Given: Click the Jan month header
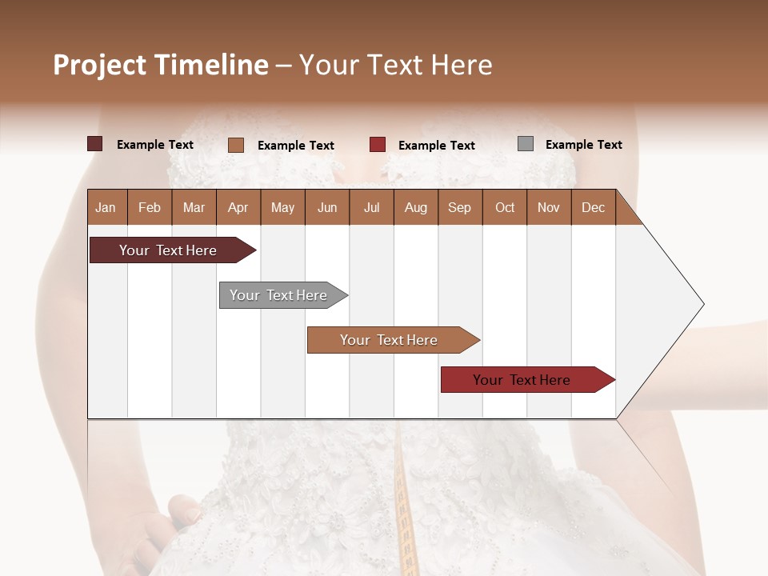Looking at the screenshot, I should coord(106,208).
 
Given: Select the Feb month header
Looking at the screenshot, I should coord(150,208).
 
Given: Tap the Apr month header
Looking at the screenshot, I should coord(238,208).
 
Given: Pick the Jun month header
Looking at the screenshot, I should coord(327,208).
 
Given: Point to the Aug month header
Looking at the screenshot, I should coord(415,208).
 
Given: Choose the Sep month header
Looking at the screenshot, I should coord(459,208).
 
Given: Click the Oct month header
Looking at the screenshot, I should coord(505,208).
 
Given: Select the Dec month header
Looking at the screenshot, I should coord(593,208).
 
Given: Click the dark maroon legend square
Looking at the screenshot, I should coord(95,144).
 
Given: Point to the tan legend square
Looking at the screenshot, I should coord(236,145).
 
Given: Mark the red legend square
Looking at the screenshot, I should coord(378,145).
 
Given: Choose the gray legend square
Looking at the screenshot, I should coord(526,144).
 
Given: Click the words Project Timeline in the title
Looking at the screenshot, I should coord(161,65).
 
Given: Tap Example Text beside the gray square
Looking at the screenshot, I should coord(583,145).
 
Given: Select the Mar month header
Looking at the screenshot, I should coord(194,208).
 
